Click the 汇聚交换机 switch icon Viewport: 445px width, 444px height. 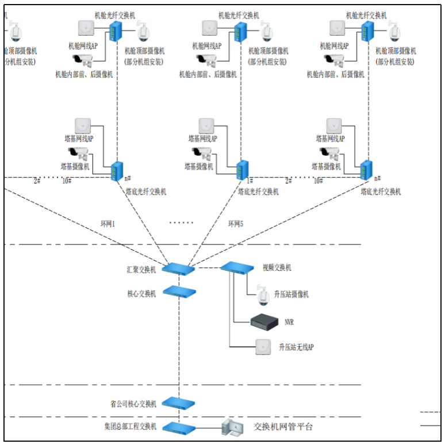178,268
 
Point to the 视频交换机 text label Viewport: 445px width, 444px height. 277,268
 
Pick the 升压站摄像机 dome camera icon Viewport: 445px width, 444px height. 264,295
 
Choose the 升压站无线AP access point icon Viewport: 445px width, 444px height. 263,346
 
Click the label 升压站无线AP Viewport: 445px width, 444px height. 296,347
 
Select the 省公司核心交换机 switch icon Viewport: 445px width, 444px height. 178,403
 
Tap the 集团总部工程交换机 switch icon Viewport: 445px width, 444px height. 178,427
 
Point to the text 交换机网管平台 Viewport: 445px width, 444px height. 283,427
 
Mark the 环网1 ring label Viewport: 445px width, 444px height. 108,223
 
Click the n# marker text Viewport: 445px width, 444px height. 127,179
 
